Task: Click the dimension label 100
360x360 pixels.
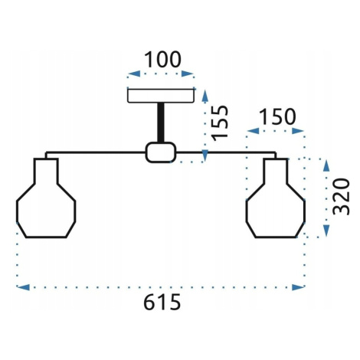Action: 162,60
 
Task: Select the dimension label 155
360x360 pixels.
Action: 220,123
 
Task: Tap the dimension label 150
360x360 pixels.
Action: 277,116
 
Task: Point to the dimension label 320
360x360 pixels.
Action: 341,197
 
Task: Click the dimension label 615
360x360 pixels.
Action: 162,302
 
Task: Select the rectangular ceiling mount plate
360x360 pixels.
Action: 161,96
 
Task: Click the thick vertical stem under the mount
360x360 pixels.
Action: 161,123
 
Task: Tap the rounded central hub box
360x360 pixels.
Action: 161,152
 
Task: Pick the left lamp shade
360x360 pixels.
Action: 46,198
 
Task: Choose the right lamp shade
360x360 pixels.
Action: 276,198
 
